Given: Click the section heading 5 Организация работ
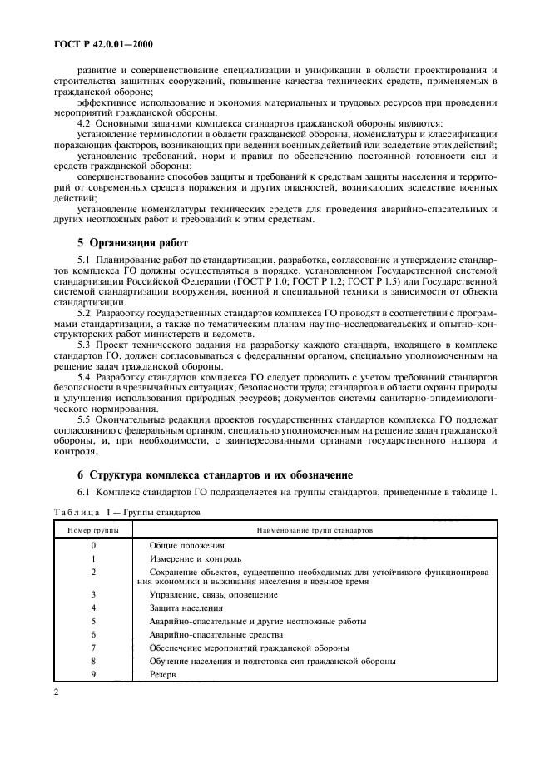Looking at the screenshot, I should [x=132, y=243].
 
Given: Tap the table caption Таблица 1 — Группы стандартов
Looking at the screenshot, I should [x=124, y=513].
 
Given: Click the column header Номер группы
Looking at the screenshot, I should [x=93, y=528].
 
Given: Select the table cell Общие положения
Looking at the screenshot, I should [x=185, y=544].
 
